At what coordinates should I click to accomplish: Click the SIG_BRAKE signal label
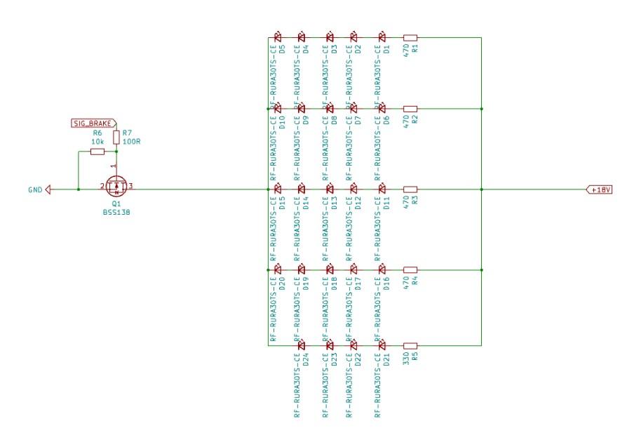[x=93, y=123]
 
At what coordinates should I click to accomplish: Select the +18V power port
[x=600, y=189]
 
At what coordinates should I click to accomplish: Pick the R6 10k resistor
[x=97, y=151]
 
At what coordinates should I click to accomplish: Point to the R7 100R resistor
[x=116, y=135]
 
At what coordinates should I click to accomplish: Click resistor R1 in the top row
[x=411, y=38]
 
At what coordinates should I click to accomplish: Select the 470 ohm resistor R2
[x=411, y=109]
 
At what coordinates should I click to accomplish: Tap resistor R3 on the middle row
[x=411, y=189]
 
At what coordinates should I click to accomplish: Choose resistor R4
[x=411, y=269]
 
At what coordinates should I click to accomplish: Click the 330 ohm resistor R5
[x=411, y=345]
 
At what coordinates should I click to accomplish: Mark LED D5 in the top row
[x=277, y=38]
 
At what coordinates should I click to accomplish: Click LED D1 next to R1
[x=382, y=38]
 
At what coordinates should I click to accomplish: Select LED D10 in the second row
[x=277, y=109]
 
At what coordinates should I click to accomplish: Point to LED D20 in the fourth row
[x=277, y=269]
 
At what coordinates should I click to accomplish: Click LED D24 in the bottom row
[x=302, y=345]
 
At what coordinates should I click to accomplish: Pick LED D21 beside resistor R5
[x=382, y=345]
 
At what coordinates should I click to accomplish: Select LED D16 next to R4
[x=382, y=269]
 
